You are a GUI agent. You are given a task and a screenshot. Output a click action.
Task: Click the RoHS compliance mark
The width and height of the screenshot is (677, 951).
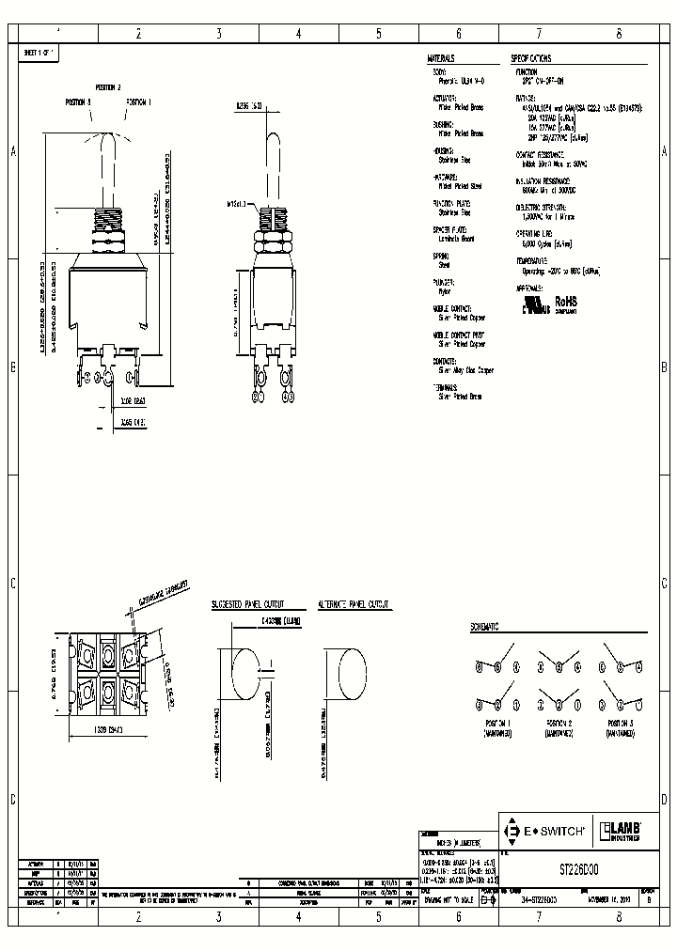point(565,303)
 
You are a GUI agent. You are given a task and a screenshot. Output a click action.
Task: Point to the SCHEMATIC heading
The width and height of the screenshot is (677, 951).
point(484,626)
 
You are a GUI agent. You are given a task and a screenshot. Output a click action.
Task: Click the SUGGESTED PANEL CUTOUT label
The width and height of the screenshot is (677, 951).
point(247,606)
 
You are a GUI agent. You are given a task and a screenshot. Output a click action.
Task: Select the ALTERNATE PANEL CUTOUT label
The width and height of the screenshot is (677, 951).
point(354,606)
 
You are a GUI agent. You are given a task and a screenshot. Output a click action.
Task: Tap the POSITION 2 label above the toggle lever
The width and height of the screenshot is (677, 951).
point(108,87)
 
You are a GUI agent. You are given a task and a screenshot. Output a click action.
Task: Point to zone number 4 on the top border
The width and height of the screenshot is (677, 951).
point(298,33)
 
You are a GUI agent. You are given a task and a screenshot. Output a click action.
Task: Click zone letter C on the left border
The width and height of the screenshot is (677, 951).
point(13,583)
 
